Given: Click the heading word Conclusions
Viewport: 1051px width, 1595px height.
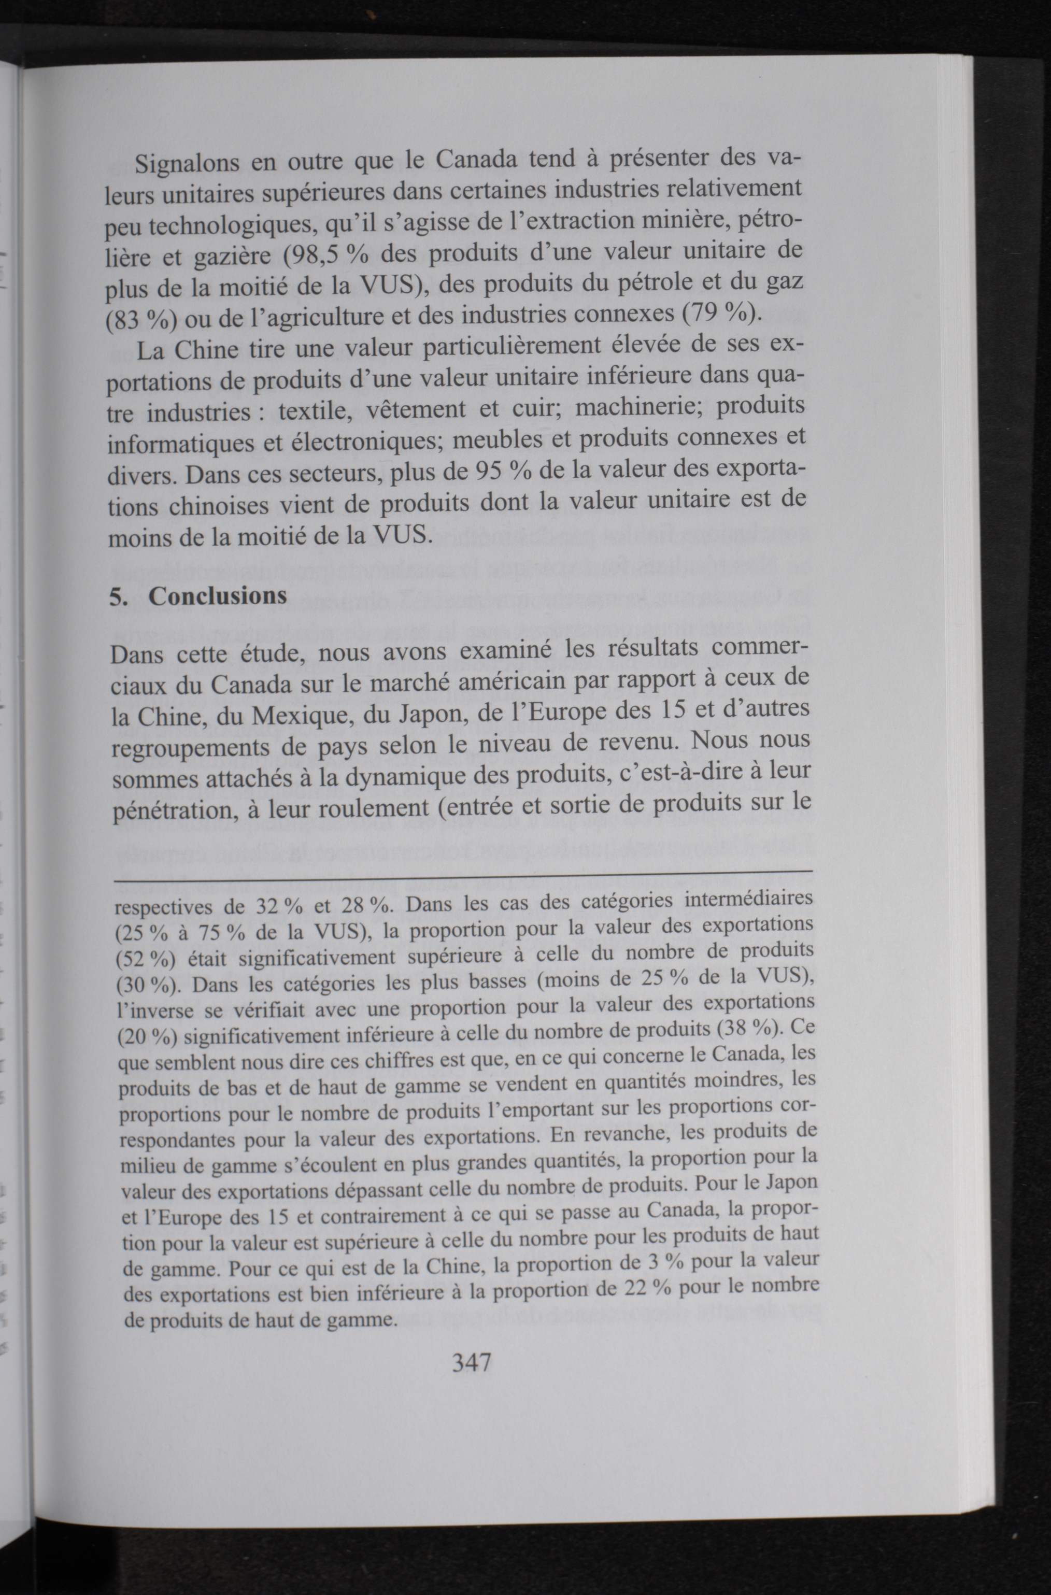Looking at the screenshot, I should pos(217,596).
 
